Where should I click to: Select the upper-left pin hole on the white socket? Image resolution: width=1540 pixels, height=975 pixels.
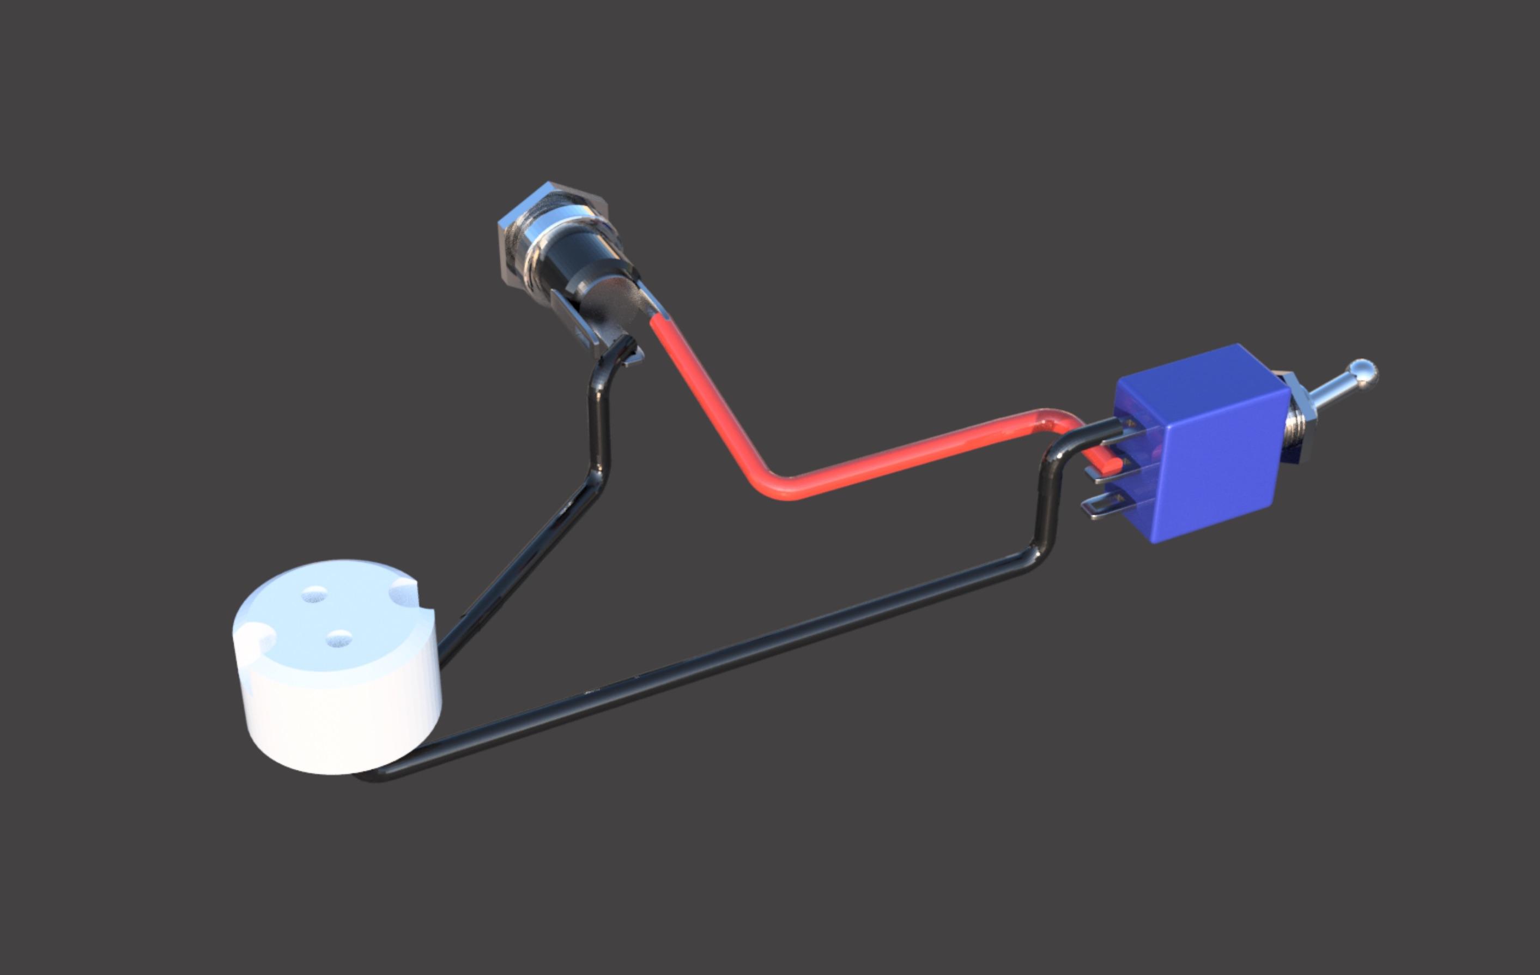click(x=313, y=594)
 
